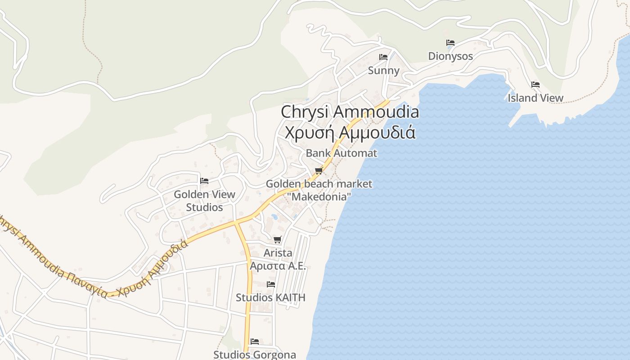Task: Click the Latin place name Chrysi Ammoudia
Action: point(350,112)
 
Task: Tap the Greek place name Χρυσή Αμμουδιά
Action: point(350,133)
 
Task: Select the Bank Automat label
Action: point(341,153)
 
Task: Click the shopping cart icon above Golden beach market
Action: point(319,171)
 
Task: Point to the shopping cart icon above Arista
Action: point(278,240)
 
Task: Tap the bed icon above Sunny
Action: point(383,57)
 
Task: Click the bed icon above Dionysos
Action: point(450,43)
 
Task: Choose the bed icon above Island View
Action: point(535,84)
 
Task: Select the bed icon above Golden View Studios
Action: point(204,181)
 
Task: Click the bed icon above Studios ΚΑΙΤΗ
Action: point(271,284)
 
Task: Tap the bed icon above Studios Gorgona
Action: point(255,341)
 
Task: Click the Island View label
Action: point(535,98)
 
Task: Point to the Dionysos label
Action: point(450,56)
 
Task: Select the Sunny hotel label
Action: point(383,71)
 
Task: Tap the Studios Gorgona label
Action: point(255,355)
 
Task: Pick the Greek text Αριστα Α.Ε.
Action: point(278,265)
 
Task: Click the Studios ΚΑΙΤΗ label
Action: point(271,297)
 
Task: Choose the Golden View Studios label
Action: point(204,201)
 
